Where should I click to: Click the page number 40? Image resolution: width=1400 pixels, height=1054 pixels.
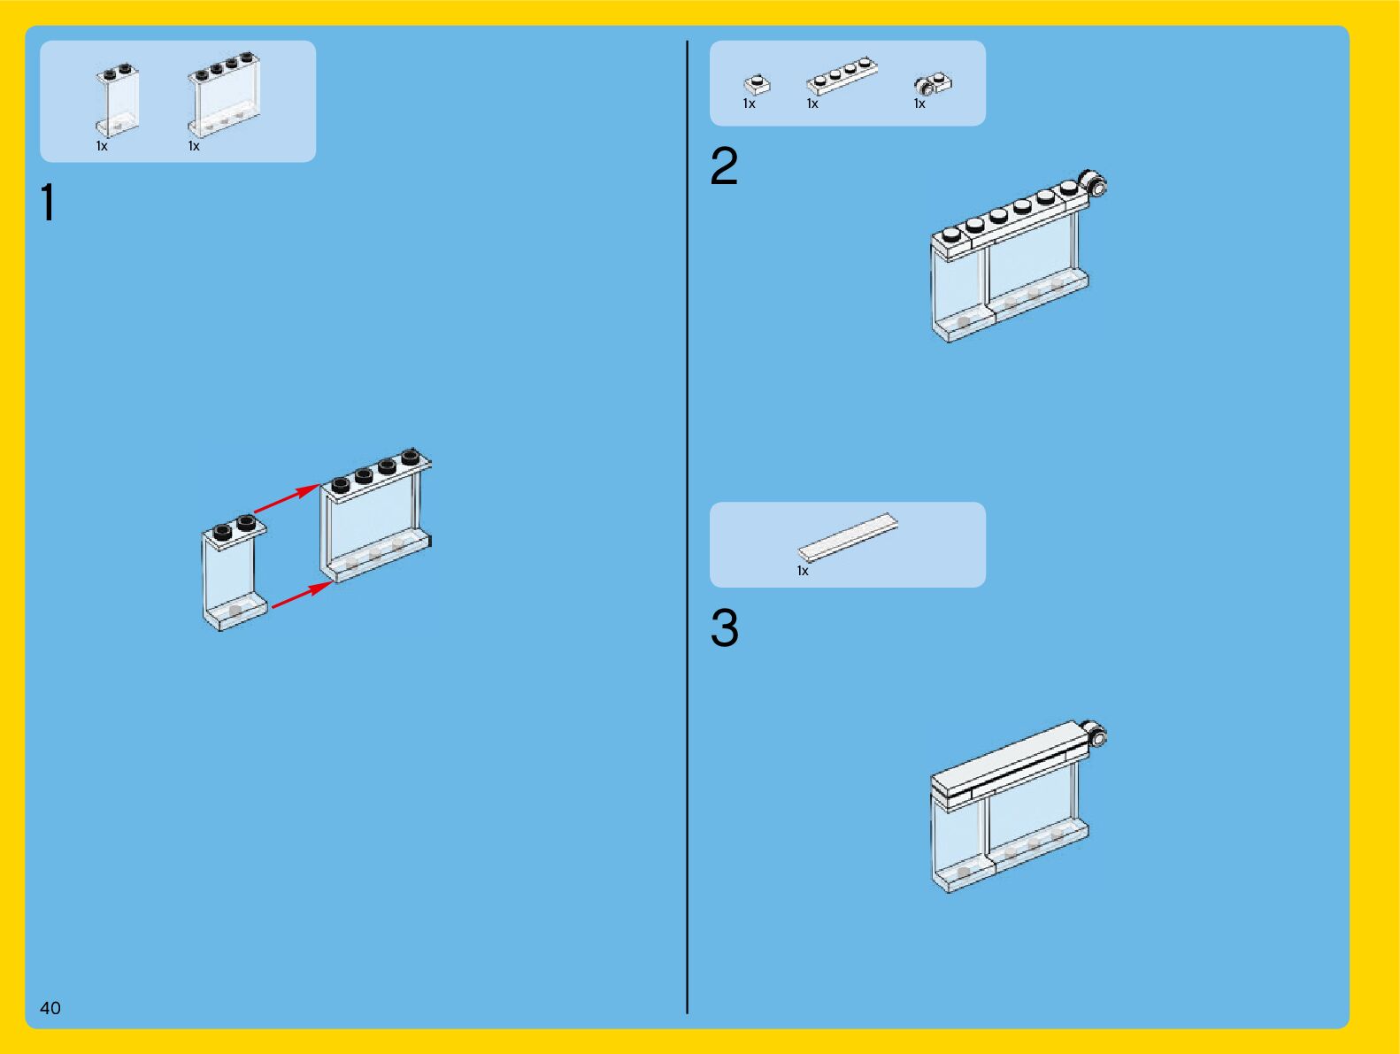click(50, 1008)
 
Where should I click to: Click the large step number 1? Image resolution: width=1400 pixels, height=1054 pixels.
click(48, 202)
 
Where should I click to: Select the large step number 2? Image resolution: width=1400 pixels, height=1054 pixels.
click(724, 165)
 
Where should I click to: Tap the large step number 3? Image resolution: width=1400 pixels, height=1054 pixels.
click(725, 627)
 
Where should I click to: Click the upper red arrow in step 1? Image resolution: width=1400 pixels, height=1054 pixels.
click(287, 498)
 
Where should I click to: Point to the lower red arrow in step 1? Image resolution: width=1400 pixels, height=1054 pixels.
click(303, 595)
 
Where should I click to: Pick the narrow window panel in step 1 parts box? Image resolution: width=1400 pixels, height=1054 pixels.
click(118, 100)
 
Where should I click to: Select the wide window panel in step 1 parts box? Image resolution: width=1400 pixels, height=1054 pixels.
click(224, 95)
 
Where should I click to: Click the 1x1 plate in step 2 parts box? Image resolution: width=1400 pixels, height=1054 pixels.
click(758, 85)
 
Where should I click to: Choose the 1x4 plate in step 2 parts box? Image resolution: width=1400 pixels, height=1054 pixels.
click(842, 75)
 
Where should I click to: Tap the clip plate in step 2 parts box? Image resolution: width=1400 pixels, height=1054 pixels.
click(933, 83)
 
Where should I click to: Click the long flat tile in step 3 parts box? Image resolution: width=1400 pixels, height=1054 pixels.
click(849, 537)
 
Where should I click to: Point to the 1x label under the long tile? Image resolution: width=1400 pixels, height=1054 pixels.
click(803, 571)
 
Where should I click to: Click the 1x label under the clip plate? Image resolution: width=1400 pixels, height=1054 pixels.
click(919, 104)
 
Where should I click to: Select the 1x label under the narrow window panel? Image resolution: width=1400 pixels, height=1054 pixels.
click(102, 146)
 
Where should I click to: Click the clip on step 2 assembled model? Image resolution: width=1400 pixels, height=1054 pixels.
click(1093, 183)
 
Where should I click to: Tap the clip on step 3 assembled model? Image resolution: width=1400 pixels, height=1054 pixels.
click(1095, 734)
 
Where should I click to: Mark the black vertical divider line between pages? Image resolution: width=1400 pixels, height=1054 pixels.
click(687, 527)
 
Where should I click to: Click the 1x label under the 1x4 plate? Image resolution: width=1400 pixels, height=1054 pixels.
click(812, 104)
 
